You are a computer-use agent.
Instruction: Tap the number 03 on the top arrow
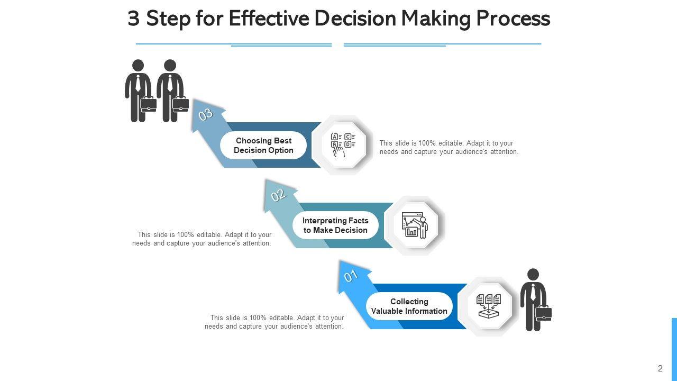(x=205, y=114)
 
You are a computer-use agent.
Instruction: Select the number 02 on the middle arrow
(x=278, y=195)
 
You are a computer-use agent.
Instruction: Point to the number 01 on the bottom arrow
(x=351, y=276)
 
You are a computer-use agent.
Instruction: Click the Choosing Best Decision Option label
(x=263, y=146)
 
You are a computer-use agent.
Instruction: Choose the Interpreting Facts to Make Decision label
(x=335, y=225)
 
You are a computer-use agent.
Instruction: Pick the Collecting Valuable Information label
(x=409, y=306)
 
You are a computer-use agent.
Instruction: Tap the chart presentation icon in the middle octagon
(x=415, y=225)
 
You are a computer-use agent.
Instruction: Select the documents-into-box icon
(x=489, y=306)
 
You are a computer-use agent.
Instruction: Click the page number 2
(x=660, y=369)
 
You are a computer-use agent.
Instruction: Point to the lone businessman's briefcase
(x=544, y=314)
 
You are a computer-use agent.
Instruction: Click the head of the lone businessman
(x=533, y=275)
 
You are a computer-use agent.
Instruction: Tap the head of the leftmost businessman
(x=138, y=66)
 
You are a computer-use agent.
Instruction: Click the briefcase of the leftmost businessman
(x=149, y=104)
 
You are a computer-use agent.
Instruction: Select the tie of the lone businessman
(x=533, y=292)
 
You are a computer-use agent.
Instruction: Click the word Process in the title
(x=513, y=19)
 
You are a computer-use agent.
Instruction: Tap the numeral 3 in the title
(x=133, y=19)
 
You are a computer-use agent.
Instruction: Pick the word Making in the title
(x=436, y=19)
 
